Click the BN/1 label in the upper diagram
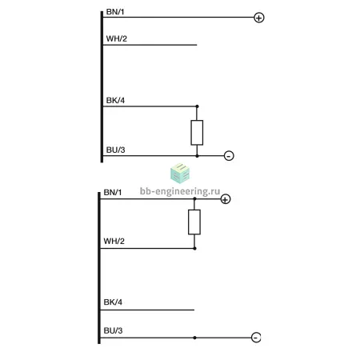click(115, 12)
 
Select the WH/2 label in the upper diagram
click(117, 38)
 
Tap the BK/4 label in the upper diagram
click(115, 101)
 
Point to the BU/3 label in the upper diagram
click(116, 150)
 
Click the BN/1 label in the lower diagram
click(113, 192)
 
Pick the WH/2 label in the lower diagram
click(114, 241)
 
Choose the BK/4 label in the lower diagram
click(113, 302)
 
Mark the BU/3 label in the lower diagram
click(113, 330)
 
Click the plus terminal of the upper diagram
click(259, 18)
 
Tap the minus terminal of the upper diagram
click(229, 156)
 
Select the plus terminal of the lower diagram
click(226, 199)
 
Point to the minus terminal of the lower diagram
click(256, 338)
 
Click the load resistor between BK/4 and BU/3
click(197, 133)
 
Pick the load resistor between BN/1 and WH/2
click(194, 222)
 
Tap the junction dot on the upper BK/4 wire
click(197, 106)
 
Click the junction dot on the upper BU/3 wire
click(197, 156)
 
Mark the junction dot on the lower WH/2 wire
click(194, 248)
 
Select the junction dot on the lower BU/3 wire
click(194, 338)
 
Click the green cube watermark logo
click(180, 174)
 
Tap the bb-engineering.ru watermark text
click(180, 191)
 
